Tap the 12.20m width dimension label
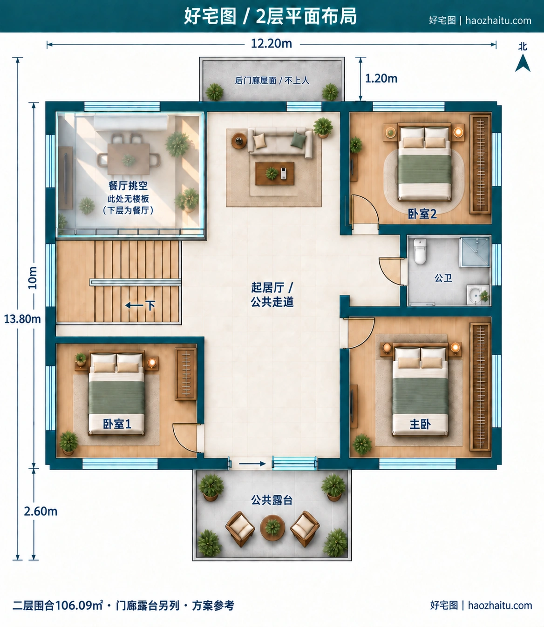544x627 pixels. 272,44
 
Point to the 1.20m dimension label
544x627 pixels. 381,79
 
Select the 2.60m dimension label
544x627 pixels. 41,512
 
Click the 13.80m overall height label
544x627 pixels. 22,319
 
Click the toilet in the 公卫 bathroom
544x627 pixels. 420,251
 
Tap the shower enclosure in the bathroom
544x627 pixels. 475,252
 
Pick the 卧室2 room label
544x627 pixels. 422,214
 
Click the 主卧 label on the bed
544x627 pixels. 420,424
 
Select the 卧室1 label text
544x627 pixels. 117,424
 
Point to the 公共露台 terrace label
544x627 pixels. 272,500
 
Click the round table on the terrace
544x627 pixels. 272,528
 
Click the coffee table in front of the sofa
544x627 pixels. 274,173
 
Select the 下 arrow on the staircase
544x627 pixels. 140,305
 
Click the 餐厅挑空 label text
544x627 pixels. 128,185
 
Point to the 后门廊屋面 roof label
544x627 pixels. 272,81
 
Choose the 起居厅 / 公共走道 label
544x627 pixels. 272,294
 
